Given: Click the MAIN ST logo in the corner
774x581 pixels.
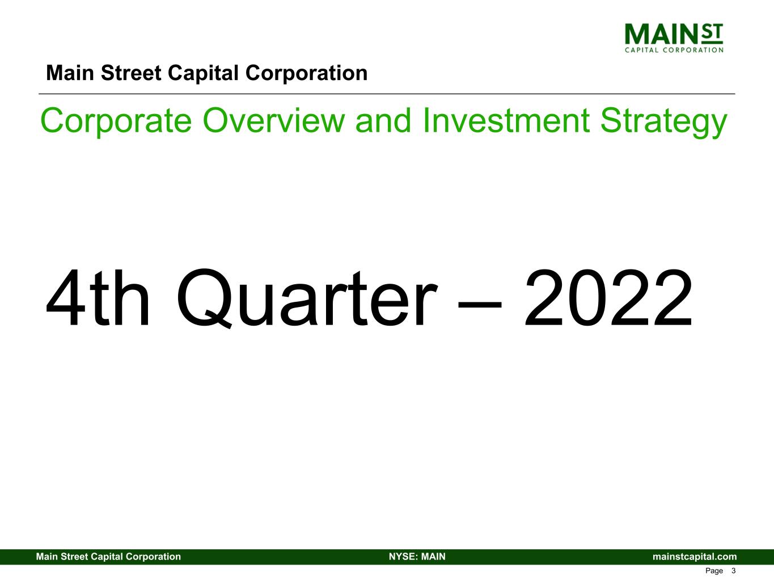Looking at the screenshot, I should (674, 37).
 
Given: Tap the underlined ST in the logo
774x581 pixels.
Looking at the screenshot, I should (712, 33).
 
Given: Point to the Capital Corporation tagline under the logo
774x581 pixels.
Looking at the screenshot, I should (674, 50).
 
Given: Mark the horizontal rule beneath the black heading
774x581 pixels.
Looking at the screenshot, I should (387, 94).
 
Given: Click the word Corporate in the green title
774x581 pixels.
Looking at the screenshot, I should (116, 121).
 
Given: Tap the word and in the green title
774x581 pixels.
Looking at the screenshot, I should (386, 121).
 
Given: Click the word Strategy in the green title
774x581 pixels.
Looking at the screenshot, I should (663, 122).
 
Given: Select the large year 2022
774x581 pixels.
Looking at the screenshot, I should (608, 299).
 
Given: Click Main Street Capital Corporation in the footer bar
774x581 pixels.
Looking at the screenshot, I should (108, 557).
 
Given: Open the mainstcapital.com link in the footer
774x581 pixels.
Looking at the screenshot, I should (695, 557).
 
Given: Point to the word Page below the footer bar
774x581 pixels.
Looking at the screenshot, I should (714, 571).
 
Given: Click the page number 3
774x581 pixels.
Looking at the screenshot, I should (733, 571).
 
